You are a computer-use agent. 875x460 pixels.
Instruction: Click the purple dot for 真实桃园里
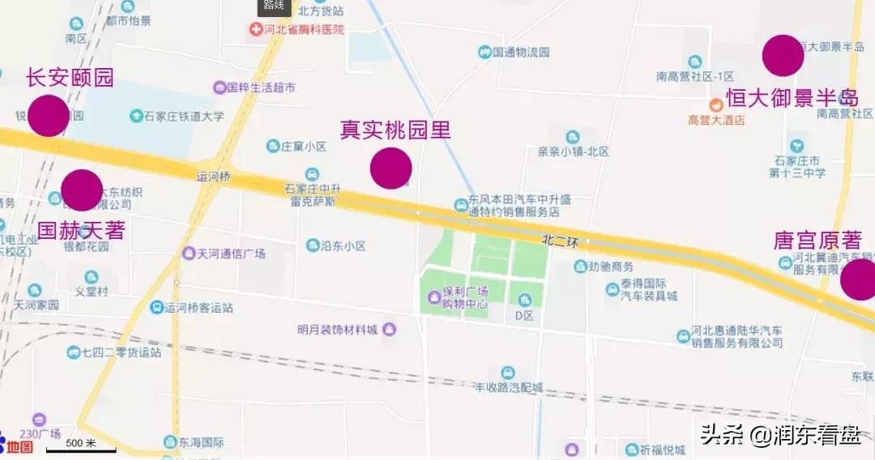pos(391,168)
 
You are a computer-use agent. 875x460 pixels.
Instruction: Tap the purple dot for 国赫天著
pos(82,190)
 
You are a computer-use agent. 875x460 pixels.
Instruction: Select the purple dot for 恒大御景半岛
pos(783,56)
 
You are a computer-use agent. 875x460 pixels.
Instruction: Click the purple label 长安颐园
pos(70,78)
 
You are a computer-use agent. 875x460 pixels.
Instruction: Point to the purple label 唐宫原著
pos(817,241)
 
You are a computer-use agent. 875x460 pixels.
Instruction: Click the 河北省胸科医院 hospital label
pos(303,29)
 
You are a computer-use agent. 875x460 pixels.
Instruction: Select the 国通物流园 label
pos(520,53)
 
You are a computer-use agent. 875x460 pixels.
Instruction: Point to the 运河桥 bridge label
pos(213,176)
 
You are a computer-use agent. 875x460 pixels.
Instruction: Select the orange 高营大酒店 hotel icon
pos(716,104)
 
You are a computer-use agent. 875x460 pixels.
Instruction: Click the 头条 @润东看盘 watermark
pos(781,436)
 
